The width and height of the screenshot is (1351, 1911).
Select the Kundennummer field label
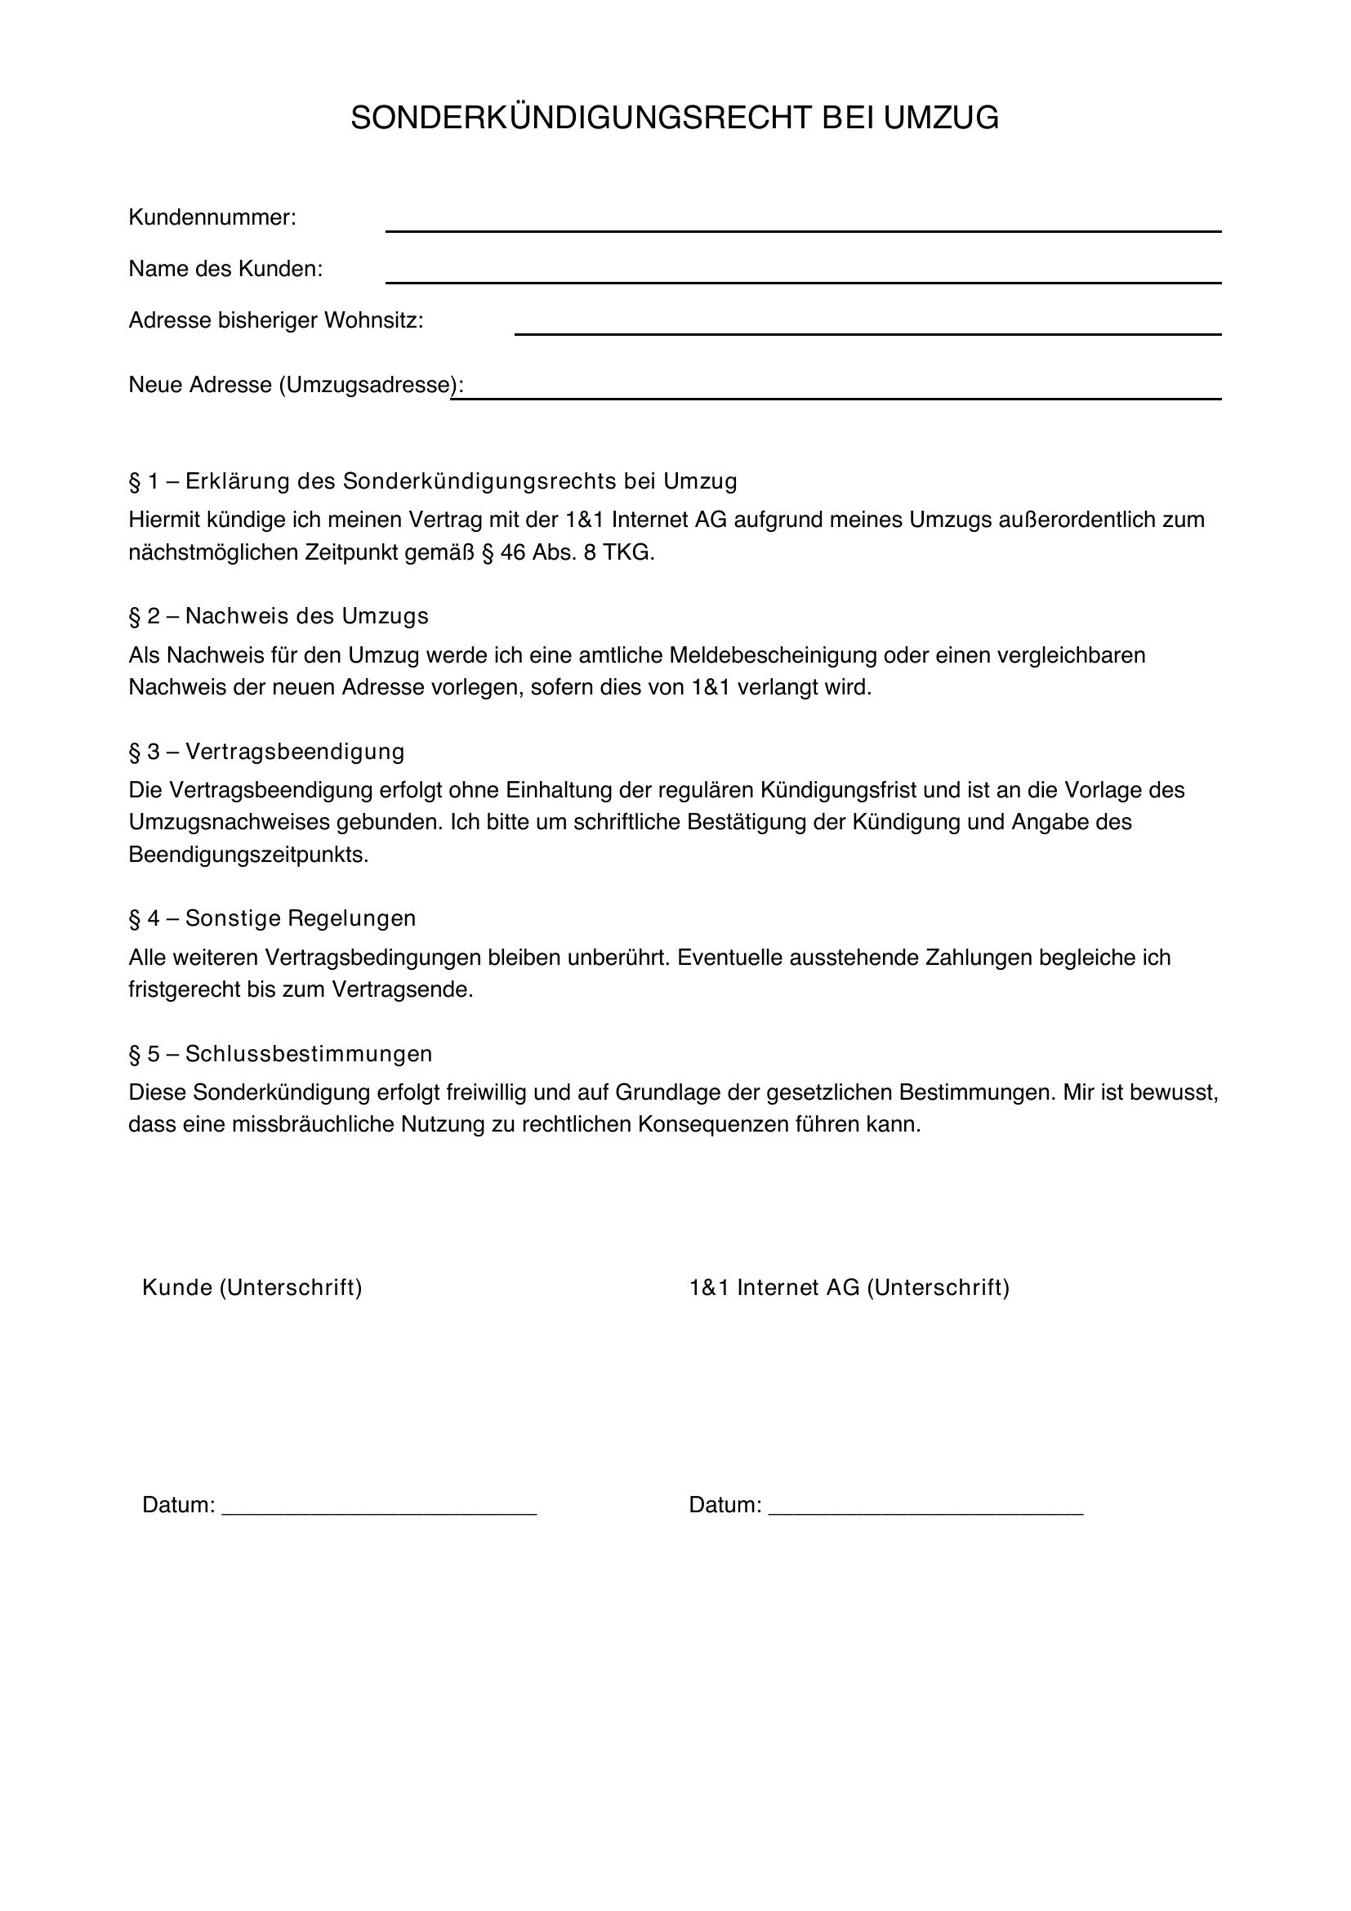point(212,218)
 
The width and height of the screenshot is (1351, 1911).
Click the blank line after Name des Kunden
point(803,275)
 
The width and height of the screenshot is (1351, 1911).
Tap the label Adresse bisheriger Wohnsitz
point(275,320)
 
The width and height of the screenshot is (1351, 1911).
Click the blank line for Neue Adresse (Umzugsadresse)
point(836,391)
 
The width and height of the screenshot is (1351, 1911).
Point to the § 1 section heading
point(433,481)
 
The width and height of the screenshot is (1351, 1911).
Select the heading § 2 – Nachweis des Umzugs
point(279,616)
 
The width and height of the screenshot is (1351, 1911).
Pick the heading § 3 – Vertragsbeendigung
point(266,752)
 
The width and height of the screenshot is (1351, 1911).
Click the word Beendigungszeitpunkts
point(248,855)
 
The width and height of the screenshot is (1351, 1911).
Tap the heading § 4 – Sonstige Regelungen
point(272,918)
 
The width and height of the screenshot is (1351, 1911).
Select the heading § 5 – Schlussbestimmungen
point(280,1054)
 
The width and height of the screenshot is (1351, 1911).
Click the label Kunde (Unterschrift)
point(252,1288)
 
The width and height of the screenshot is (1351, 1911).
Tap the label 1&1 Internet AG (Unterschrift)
point(849,1288)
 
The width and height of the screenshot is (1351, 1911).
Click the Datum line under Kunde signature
point(379,1505)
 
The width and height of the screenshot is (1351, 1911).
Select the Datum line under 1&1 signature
point(925,1505)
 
